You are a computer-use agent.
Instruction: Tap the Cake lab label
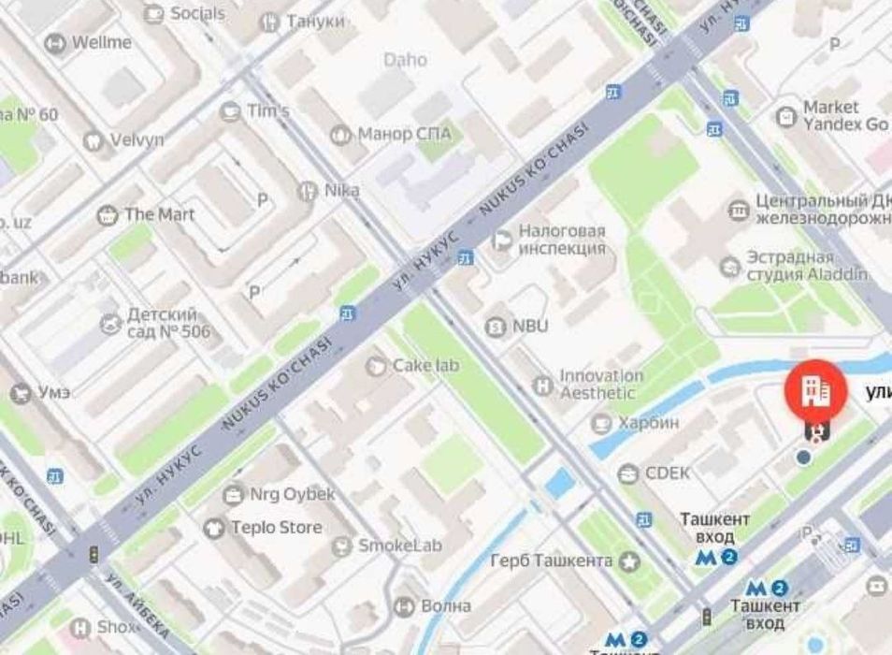pos(425,365)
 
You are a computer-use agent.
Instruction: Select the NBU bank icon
pos(495,327)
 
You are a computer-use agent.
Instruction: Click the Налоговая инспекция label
pos(562,240)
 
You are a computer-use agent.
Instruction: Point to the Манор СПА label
pos(404,134)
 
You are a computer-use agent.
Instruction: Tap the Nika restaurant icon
pos(308,191)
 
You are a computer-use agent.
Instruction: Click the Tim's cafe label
pos(267,110)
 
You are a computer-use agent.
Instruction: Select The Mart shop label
pos(159,214)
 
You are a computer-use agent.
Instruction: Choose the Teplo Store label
pos(276,528)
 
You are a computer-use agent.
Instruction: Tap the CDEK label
pos(670,473)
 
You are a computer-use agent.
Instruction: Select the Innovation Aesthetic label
pos(601,385)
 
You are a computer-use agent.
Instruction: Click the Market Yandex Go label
pos(844,116)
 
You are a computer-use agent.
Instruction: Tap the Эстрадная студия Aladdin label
pos(805,266)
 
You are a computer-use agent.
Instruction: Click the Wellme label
pos(102,42)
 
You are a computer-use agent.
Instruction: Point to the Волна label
pos(445,605)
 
